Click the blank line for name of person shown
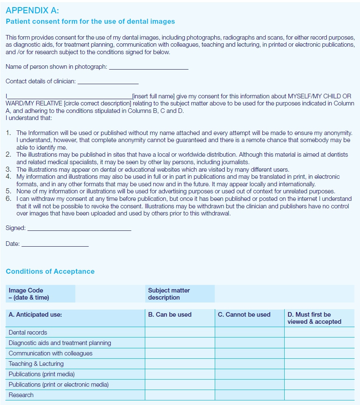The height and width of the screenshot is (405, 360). pos(148,67)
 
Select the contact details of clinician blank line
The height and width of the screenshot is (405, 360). pos(108,82)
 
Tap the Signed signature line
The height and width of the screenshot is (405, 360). pos(79,229)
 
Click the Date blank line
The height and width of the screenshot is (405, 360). pos(55,245)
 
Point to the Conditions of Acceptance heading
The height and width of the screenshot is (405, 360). pos(50,271)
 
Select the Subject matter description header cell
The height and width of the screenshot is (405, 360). pos(169,294)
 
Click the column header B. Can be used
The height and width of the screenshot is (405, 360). pos(170,315)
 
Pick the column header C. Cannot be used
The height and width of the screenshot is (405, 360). pos(244,315)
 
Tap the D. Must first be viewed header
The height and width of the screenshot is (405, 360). pos(314,318)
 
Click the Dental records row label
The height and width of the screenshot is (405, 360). pos(28,332)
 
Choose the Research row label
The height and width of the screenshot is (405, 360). pos(21,395)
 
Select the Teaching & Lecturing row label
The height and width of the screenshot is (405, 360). pos(36,364)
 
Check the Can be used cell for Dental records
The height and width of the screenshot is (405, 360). pos(180,332)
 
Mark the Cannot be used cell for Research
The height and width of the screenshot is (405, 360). pos(249,395)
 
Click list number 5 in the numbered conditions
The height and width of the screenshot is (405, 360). pos(8,192)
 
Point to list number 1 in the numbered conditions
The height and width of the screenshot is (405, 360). pos(8,133)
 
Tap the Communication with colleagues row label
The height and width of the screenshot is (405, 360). pos(50,353)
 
